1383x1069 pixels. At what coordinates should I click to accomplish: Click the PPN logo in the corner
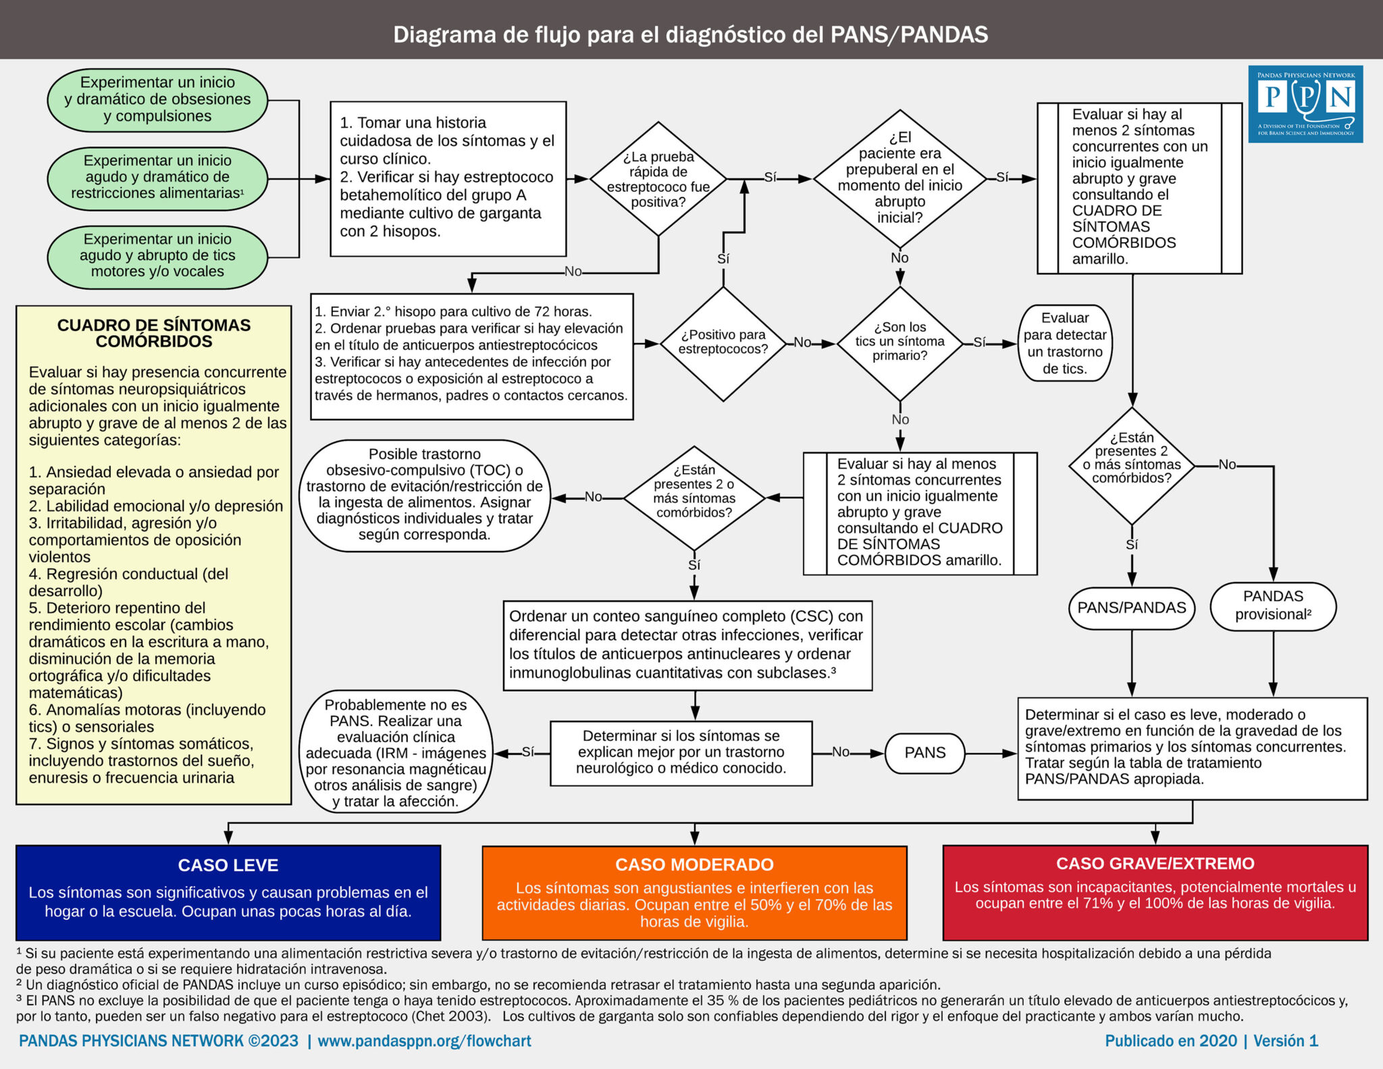coord(1305,103)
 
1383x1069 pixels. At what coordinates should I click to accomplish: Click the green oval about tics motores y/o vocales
coord(157,256)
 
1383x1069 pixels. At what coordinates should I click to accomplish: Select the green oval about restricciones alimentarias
coord(157,178)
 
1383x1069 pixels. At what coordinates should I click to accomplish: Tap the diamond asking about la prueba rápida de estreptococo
coord(658,179)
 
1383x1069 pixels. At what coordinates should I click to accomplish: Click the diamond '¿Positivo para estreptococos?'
coord(723,343)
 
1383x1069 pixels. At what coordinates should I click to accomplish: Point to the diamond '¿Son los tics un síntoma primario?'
coord(899,342)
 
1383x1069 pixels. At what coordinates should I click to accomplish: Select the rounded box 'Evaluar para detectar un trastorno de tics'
coord(1064,343)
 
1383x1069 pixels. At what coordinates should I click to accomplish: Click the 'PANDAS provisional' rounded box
coord(1272,606)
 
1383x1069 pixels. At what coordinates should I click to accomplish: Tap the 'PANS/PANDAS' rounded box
coord(1131,608)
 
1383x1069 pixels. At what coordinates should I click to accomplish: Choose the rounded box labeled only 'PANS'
coord(924,753)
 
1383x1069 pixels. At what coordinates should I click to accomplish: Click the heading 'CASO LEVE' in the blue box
coord(228,865)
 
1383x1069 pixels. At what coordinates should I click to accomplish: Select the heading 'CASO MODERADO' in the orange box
coord(694,864)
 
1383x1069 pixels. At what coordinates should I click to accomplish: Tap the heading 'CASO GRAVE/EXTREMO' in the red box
coord(1155,863)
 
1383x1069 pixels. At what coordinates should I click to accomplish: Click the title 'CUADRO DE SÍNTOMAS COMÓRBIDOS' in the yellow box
coord(154,334)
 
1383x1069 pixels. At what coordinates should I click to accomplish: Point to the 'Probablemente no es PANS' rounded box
coord(396,752)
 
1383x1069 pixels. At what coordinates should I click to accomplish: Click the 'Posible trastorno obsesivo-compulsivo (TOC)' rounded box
coord(424,494)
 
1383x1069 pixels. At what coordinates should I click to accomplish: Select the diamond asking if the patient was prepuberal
coord(899,179)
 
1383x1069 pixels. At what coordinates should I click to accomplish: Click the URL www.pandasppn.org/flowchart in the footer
coord(424,1041)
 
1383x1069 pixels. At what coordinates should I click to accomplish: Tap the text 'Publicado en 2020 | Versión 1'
coord(1211,1041)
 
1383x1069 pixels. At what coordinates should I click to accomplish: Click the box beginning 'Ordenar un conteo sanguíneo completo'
coord(687,645)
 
